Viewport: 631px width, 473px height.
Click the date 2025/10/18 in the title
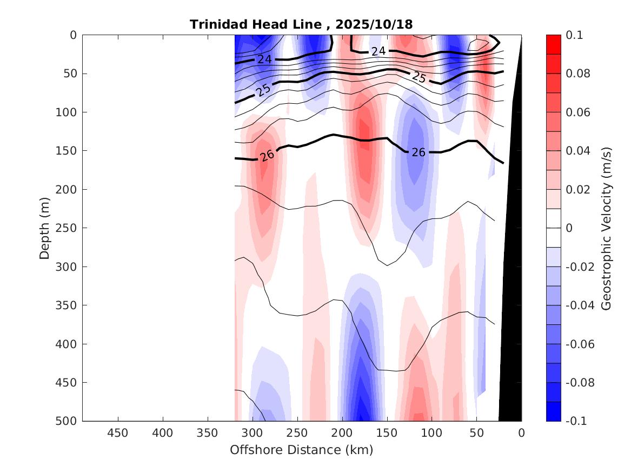click(374, 24)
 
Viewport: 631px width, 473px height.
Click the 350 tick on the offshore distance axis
click(208, 433)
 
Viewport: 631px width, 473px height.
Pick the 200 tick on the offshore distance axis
click(342, 433)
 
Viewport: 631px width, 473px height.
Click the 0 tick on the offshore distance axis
click(521, 433)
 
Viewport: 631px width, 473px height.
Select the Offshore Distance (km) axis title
click(301, 450)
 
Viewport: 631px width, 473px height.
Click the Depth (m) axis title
click(44, 228)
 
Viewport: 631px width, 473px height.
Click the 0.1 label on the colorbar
click(574, 35)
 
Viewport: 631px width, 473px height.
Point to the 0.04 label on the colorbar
click(577, 151)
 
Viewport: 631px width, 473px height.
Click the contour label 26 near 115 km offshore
click(419, 152)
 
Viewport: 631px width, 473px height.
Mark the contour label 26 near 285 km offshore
click(267, 156)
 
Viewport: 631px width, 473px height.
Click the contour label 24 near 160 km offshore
click(378, 51)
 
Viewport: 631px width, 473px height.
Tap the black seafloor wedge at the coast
click(512, 324)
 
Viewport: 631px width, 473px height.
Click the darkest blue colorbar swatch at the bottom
click(553, 411)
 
